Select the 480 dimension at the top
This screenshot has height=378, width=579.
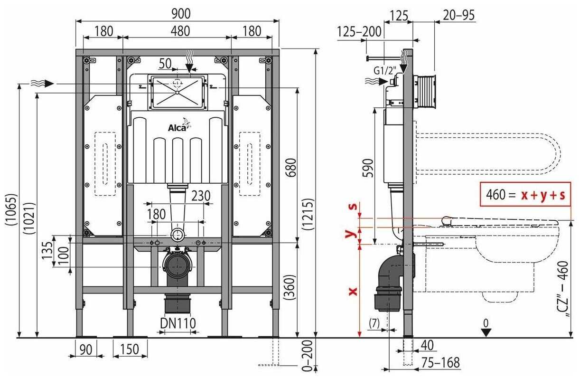[x=177, y=31]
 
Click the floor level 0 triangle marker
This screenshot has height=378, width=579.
[x=485, y=331]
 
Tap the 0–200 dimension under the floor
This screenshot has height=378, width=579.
[x=309, y=355]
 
